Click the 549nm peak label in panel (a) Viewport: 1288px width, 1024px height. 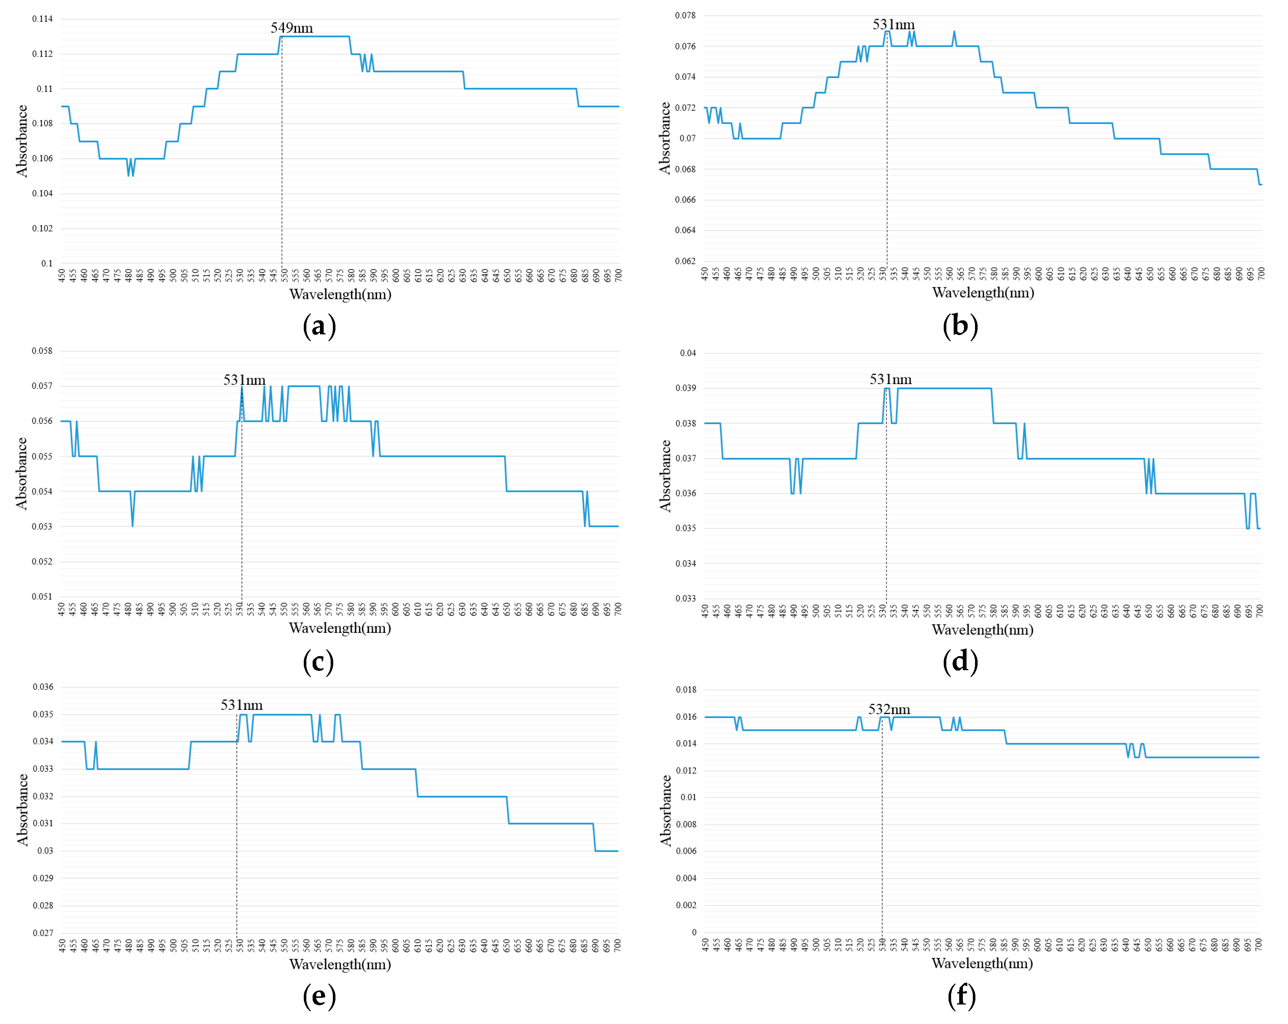(x=292, y=28)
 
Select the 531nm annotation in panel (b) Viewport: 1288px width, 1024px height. (x=893, y=25)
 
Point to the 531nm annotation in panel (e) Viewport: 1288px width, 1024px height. (x=241, y=705)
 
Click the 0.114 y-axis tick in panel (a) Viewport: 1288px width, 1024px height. (x=42, y=19)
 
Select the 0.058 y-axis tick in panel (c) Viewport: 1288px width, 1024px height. (x=42, y=351)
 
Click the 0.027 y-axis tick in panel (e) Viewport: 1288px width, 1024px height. (x=43, y=933)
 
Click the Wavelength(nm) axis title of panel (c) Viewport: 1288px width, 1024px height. (x=340, y=628)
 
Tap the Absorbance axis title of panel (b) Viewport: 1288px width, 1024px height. (x=665, y=138)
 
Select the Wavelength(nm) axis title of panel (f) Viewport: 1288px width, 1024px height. (x=982, y=963)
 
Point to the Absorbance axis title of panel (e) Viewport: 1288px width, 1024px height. (x=23, y=810)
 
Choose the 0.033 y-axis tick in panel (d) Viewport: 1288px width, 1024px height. (x=686, y=598)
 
